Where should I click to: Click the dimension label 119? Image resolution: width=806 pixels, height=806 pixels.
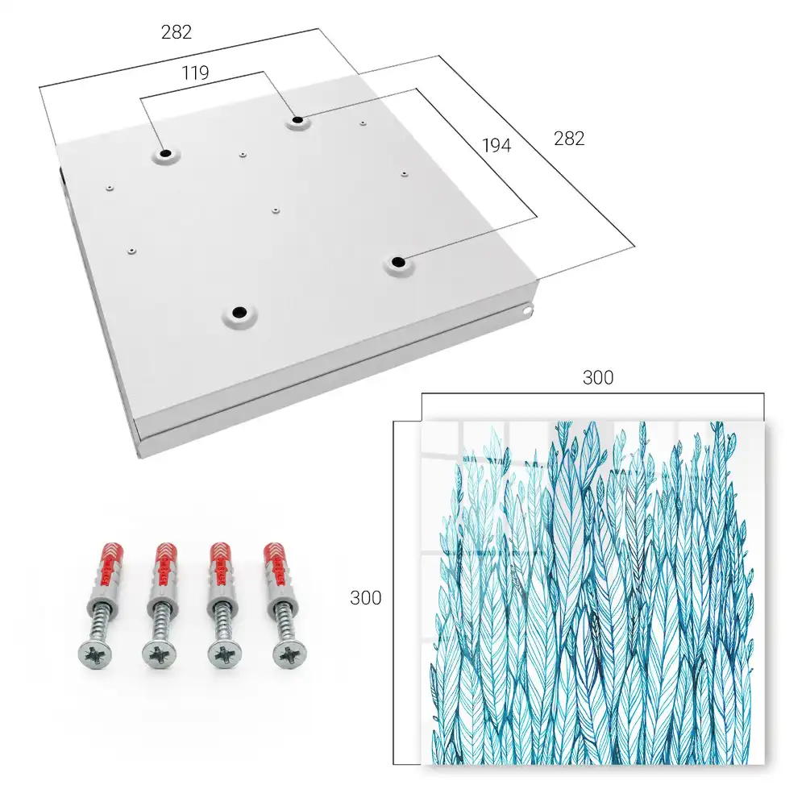[x=195, y=73]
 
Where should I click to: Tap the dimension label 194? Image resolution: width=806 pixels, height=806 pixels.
[x=496, y=146]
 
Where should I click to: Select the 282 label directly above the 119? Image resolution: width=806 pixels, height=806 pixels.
[x=177, y=32]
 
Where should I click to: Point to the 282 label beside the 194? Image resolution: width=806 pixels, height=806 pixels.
[x=569, y=139]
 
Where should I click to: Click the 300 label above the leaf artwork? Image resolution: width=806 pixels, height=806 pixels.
[x=598, y=378]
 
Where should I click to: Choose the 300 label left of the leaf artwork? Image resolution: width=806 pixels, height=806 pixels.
[x=365, y=598]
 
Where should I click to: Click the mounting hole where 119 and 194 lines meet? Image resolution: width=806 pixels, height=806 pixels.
[x=297, y=121]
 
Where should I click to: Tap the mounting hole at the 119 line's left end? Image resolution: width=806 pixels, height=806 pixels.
[x=165, y=154]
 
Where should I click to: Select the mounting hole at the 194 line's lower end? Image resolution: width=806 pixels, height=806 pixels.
[x=397, y=263]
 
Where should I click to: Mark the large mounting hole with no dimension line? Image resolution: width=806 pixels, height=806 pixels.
[x=239, y=312]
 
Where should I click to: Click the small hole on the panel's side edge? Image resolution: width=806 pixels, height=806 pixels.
[x=526, y=310]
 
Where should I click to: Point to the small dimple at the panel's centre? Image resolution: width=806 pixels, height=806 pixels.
[x=276, y=210]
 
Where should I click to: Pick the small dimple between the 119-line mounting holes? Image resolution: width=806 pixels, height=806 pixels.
[x=243, y=154]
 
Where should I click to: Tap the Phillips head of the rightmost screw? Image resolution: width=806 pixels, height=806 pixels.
[x=289, y=655]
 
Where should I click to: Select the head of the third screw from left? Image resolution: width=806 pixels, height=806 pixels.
[x=224, y=655]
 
